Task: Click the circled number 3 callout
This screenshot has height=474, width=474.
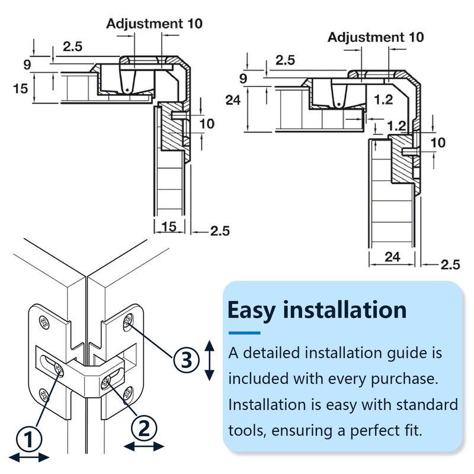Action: (185, 359)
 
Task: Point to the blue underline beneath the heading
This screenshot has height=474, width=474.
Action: (245, 332)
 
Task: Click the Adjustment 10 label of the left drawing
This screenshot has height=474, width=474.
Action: (154, 24)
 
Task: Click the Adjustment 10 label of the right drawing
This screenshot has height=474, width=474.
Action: (376, 37)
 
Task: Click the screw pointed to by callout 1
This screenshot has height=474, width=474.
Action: (58, 370)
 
